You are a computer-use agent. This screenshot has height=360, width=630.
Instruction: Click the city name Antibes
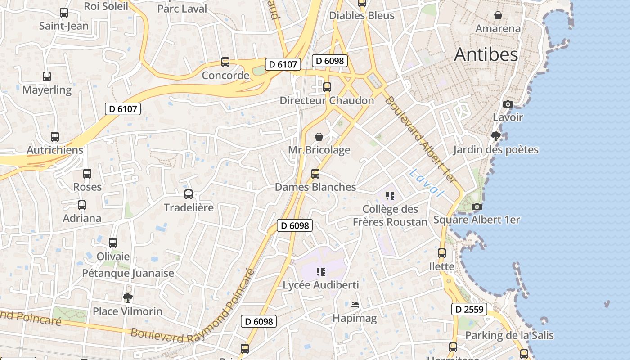pos(486,54)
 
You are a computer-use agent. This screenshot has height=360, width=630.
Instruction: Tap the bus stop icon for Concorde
pos(225,62)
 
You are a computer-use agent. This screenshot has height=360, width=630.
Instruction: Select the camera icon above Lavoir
pos(508,104)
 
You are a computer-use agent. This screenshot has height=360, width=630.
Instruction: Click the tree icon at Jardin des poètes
pos(496,136)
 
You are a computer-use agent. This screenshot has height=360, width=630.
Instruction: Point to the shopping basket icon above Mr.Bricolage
pos(319,136)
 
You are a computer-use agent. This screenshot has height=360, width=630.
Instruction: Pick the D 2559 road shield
pos(469,309)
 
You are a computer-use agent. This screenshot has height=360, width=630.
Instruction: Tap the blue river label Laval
pos(427,183)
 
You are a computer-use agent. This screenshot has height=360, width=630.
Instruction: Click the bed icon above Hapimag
pos(355,305)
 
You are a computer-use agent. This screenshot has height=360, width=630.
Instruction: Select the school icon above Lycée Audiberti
pos(320,271)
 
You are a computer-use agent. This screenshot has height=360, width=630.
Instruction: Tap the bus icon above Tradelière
pos(189,194)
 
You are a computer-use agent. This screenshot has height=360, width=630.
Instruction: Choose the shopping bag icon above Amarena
pos(498,15)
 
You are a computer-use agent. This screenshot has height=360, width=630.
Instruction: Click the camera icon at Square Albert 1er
pos(477,207)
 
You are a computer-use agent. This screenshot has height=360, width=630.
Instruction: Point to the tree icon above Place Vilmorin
pos(128,297)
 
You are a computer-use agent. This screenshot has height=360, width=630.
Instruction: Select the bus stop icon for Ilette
pos(442,253)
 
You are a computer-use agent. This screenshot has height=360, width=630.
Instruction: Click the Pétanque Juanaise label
pos(128,273)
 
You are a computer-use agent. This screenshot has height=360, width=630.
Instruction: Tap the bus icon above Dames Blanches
pos(315,173)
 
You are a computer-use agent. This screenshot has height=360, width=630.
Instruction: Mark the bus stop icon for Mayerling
pos(47,76)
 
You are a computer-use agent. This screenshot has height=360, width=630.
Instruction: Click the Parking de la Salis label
pos(509,335)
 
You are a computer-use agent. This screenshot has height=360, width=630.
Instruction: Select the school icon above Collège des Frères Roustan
pos(390,195)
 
